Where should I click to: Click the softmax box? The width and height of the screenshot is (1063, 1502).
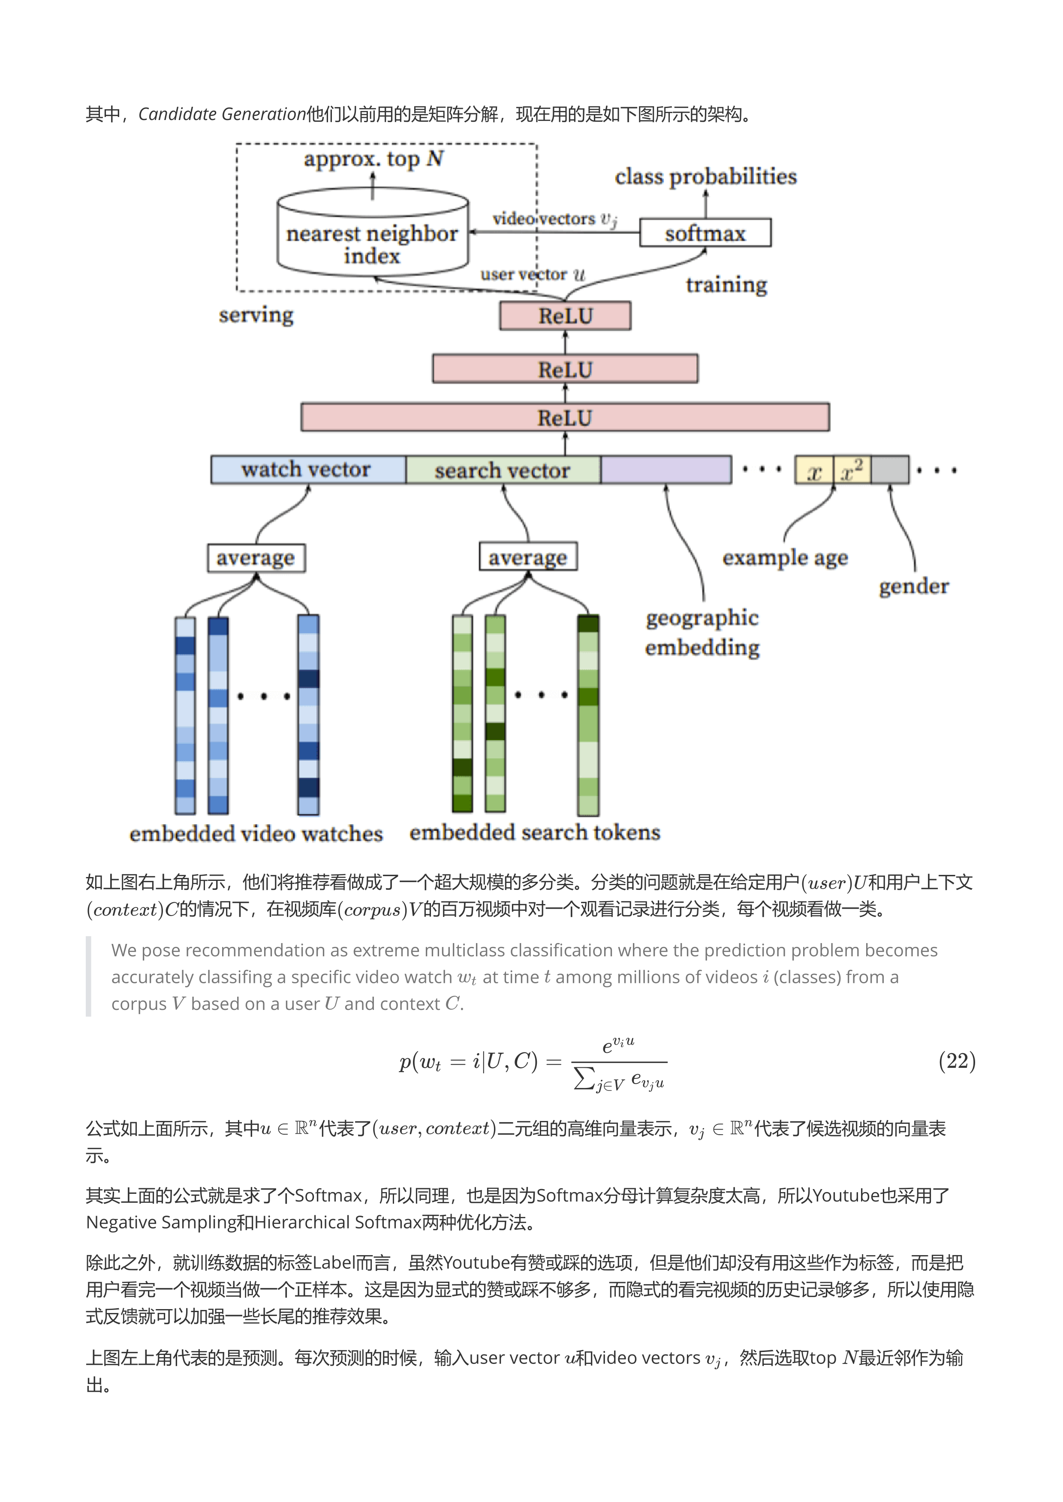[705, 233]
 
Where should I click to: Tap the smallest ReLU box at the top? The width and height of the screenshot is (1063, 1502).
[565, 316]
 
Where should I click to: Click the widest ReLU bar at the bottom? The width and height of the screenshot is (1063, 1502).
[565, 418]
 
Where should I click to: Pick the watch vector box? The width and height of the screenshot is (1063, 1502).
[307, 470]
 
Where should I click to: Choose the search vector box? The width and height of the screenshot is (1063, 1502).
[503, 470]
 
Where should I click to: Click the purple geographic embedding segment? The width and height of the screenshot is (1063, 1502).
[666, 470]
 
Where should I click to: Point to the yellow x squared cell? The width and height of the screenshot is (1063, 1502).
[852, 470]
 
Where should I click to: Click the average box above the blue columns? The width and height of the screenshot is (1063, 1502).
[256, 558]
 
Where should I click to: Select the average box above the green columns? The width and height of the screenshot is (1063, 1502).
[527, 557]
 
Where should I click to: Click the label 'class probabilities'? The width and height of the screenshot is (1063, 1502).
[706, 177]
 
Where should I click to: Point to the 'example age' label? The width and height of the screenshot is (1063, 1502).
[785, 558]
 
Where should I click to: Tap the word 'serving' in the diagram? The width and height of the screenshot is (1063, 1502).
[256, 315]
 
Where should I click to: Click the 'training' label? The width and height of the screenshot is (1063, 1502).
[726, 285]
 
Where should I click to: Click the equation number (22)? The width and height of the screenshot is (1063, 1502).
[956, 1060]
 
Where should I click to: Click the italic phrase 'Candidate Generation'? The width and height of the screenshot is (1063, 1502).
[222, 114]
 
